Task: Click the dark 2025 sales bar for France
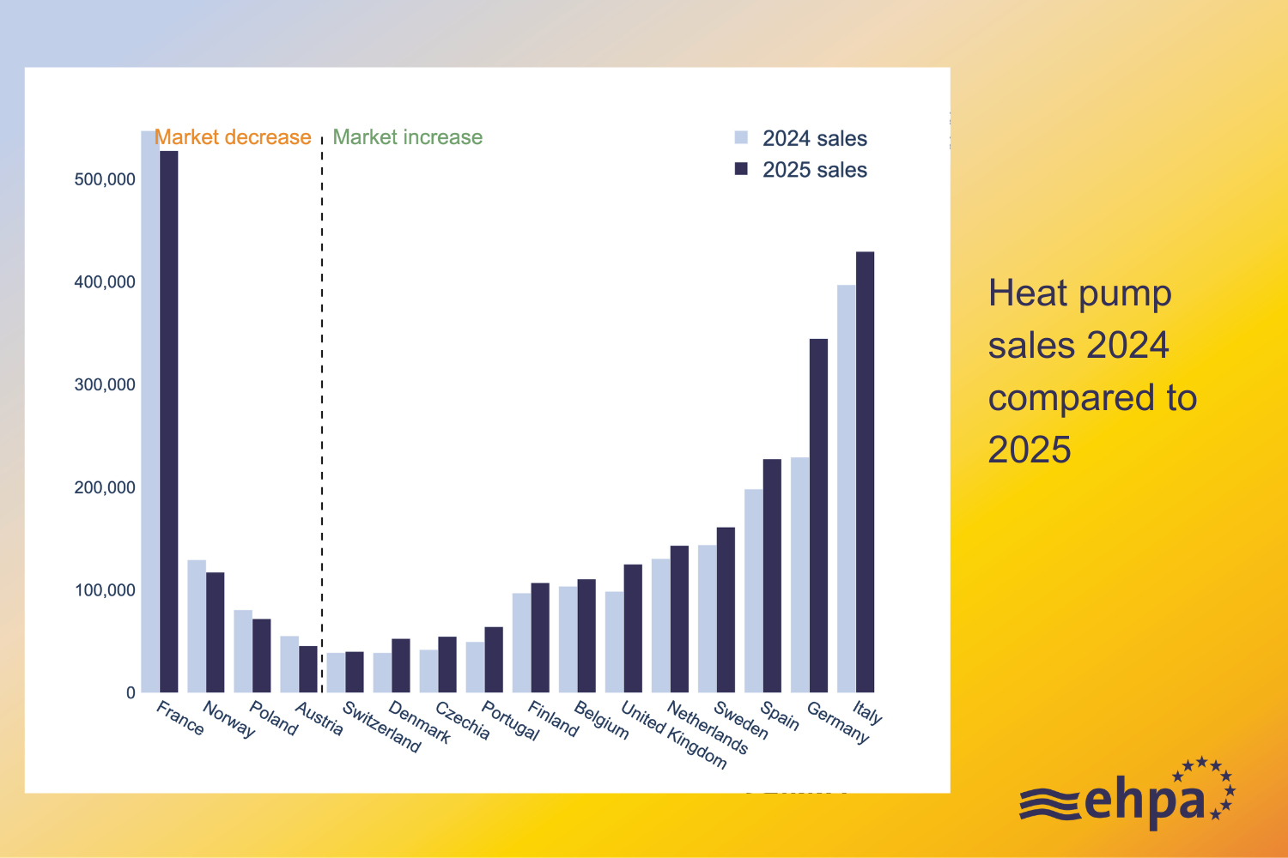[169, 420]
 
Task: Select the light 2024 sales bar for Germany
[799, 575]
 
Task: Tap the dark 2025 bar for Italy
[865, 472]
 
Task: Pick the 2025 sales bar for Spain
[772, 576]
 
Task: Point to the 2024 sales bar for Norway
[197, 626]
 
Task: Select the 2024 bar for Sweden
[707, 619]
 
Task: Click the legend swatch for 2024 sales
[742, 137]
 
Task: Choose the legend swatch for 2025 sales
[742, 169]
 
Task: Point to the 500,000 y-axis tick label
[105, 179]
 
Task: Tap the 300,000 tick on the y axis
[105, 384]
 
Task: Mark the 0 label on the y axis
[131, 692]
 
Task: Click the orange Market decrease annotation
[233, 137]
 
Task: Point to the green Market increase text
[407, 137]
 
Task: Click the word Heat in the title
[1028, 293]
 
